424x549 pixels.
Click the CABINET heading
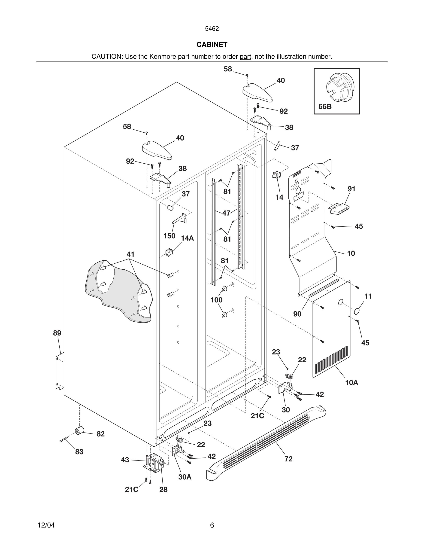(x=212, y=45)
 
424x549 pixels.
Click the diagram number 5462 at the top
(x=212, y=29)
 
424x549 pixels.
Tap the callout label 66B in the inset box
(x=325, y=107)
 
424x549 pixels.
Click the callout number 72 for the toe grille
(x=288, y=459)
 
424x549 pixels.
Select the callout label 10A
(x=351, y=383)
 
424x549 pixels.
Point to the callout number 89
(x=57, y=333)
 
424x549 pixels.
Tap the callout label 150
(x=169, y=236)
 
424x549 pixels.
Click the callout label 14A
(x=187, y=238)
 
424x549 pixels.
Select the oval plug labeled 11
(x=357, y=311)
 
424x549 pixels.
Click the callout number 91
(x=351, y=189)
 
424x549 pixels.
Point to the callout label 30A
(x=185, y=477)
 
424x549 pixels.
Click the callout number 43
(x=125, y=460)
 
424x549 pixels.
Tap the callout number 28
(x=163, y=489)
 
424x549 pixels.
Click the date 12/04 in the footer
(x=46, y=525)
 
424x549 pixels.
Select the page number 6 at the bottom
(x=212, y=525)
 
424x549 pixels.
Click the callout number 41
(x=130, y=254)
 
